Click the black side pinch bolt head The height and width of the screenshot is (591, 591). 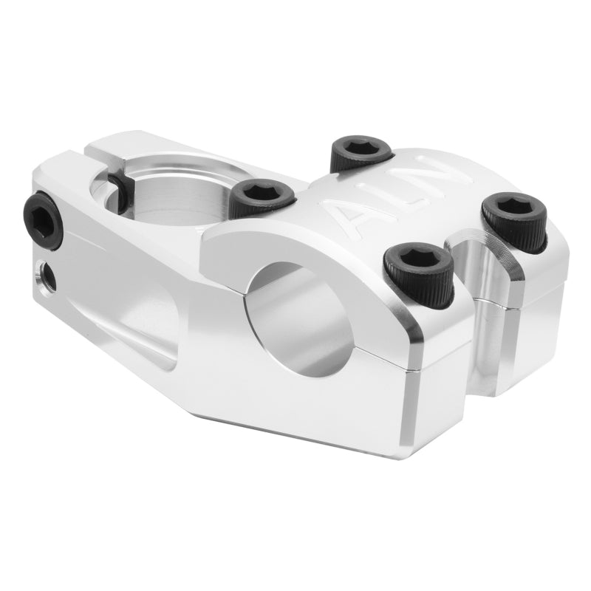coord(44,219)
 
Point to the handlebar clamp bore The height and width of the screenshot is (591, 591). coord(303,314)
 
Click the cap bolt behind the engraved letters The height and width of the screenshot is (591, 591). coord(361,152)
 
